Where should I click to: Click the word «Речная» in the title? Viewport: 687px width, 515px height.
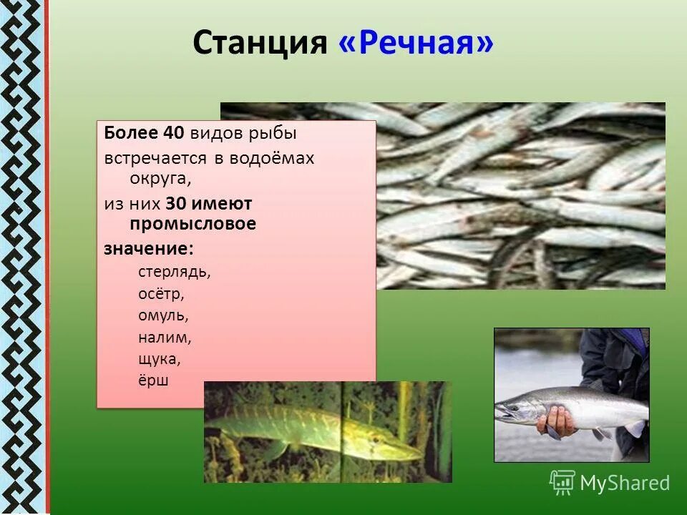(416, 44)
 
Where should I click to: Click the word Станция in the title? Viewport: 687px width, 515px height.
(259, 44)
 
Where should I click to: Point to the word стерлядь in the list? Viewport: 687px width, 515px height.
(174, 272)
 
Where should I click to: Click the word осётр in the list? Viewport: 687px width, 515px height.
(162, 293)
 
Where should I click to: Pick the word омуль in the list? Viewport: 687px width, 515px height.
(164, 315)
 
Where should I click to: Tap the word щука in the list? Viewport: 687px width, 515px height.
(160, 358)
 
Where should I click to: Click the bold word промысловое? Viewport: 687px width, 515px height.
(193, 224)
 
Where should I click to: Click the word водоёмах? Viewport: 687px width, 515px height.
(272, 157)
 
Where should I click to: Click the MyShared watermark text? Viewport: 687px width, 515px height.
(625, 483)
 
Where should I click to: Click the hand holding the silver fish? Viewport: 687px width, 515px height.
(556, 422)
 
